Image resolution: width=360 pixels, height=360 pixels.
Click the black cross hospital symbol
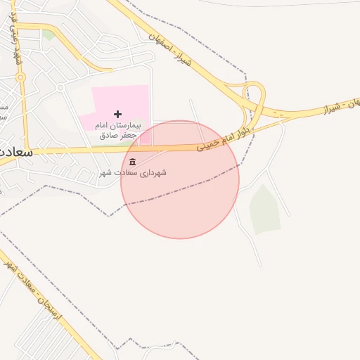pos(117,114)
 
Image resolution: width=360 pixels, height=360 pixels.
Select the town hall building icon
pos(134,163)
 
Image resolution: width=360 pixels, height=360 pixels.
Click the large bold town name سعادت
pos(15,151)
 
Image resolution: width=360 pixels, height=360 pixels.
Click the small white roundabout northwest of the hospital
pos(61,87)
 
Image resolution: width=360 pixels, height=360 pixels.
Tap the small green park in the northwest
pos(48,34)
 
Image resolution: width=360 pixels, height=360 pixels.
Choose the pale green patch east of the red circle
pos(265,209)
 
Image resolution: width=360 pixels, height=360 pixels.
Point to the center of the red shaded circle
pos(180,179)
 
